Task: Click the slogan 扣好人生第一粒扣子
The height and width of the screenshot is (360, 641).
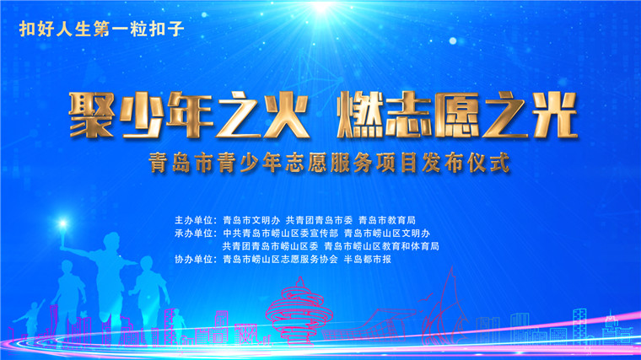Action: tap(102, 30)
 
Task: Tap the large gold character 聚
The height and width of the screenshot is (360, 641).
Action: tap(92, 115)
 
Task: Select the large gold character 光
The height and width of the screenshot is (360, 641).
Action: tap(556, 115)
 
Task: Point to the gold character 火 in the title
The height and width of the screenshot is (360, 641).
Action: tap(286, 115)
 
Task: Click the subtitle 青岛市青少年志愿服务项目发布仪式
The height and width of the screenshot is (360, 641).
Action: tap(330, 163)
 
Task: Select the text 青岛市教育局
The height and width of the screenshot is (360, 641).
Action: tap(387, 220)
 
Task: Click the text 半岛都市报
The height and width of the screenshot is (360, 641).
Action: tap(368, 259)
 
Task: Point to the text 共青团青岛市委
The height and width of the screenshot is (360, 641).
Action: tap(319, 220)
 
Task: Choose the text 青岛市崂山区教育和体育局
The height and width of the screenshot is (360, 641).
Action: tap(381, 246)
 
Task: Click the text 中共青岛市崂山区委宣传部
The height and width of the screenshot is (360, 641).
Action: tap(280, 234)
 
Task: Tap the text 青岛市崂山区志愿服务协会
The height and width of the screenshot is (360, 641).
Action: tap(280, 259)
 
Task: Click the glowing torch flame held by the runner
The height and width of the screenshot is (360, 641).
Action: tap(63, 223)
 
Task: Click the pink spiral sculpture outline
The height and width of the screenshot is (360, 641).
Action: tap(299, 311)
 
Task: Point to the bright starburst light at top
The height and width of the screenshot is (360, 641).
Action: tap(321, 7)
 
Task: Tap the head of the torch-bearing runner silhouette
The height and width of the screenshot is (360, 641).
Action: tap(111, 240)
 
